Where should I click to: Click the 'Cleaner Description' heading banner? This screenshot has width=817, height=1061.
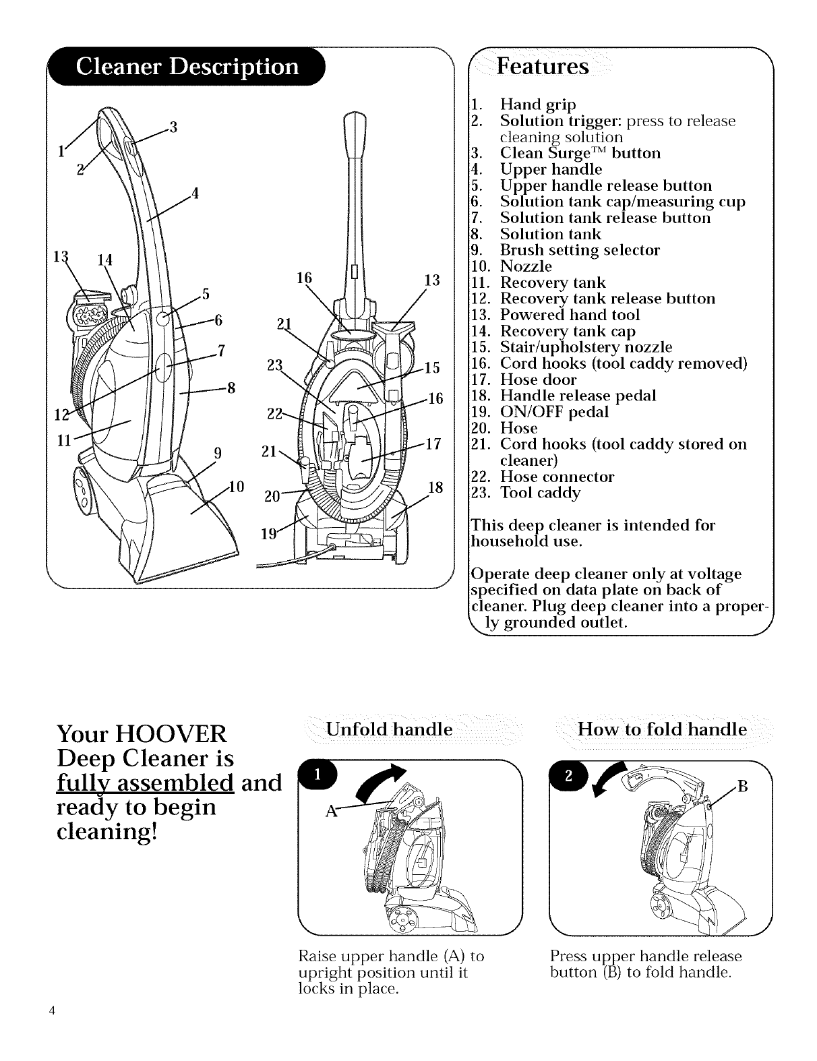pyautogui.click(x=187, y=67)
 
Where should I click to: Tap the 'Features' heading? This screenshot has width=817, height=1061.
pyautogui.click(x=543, y=67)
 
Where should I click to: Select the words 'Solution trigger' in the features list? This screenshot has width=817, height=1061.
pyautogui.click(x=562, y=121)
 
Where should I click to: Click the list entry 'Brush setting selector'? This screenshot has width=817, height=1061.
pyautogui.click(x=580, y=250)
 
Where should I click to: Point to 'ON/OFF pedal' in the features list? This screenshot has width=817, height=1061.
pyautogui.click(x=554, y=412)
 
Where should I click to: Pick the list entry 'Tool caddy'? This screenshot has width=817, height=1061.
pyautogui.click(x=539, y=493)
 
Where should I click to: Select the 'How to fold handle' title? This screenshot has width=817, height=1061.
pyautogui.click(x=662, y=729)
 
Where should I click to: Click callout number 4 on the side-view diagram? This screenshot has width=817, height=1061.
pyautogui.click(x=195, y=193)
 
